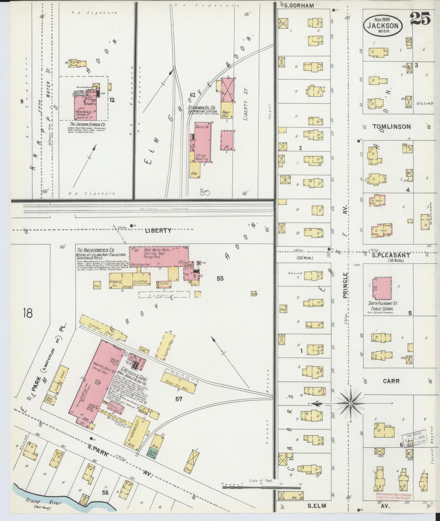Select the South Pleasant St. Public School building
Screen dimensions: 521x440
tap(382, 288)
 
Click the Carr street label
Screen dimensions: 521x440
tap(391, 381)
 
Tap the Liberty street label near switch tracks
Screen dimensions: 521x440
tap(158, 231)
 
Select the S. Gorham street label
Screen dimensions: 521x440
tap(297, 6)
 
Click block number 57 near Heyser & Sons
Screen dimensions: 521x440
tap(178, 399)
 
